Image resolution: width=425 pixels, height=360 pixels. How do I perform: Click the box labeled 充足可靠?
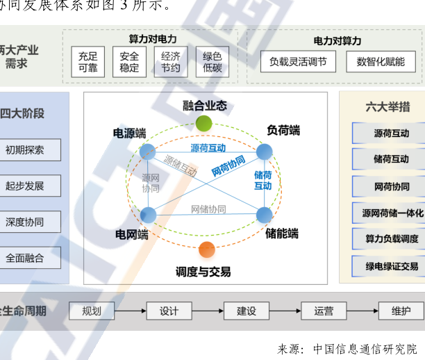click(x=88, y=62)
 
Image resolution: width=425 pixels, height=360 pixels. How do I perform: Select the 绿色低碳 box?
click(x=212, y=62)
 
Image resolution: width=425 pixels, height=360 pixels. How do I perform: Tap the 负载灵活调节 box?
click(x=298, y=62)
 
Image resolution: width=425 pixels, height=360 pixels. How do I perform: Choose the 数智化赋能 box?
click(x=381, y=62)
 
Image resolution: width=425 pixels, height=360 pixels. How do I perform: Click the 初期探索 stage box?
click(x=26, y=149)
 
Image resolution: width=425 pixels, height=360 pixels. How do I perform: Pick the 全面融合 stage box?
click(x=26, y=258)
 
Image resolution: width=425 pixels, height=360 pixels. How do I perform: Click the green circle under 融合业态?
click(x=203, y=124)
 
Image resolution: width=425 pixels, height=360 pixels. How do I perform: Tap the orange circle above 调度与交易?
click(x=206, y=248)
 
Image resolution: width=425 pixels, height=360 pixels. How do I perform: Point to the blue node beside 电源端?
click(x=147, y=152)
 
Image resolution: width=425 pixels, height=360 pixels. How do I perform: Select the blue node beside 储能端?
click(x=265, y=215)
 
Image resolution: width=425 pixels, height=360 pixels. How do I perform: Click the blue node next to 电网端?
click(x=147, y=215)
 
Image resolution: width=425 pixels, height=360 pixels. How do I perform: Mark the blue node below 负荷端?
click(x=265, y=152)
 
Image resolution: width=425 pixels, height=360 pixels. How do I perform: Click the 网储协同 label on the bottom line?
click(x=208, y=209)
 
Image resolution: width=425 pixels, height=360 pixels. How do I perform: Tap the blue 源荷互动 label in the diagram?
click(x=208, y=148)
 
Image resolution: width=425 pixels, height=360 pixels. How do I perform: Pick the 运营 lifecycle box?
click(x=324, y=311)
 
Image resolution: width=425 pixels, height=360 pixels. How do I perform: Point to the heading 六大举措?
click(x=387, y=107)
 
